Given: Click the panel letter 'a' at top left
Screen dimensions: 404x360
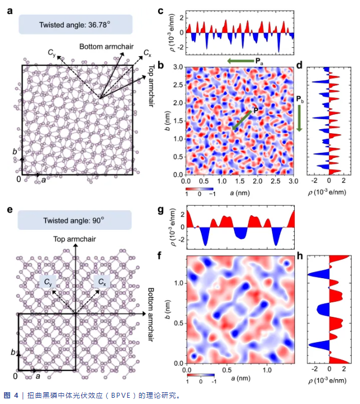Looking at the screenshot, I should click(10, 10).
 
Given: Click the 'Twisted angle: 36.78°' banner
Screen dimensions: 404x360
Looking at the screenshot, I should click(75, 25).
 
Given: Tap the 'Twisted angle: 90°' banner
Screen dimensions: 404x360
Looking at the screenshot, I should click(75, 220).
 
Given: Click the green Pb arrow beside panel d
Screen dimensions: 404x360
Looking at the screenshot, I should click(300, 118).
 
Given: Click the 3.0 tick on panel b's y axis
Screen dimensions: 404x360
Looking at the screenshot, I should click(177, 67).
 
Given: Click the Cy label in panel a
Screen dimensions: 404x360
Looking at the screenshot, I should click(52, 54).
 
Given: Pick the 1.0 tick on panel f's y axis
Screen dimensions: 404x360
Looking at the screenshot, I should click(177, 283).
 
